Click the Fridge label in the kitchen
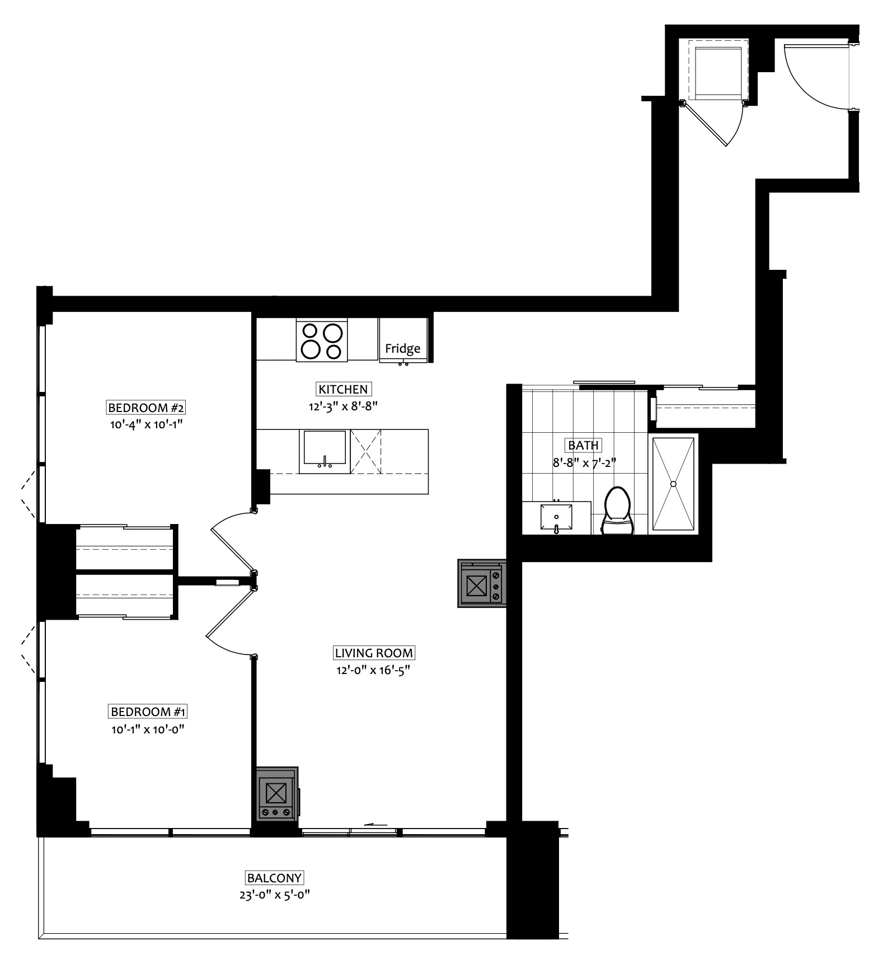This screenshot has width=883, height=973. (402, 348)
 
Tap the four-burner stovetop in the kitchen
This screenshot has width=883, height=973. (322, 341)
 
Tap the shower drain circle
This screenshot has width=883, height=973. (674, 483)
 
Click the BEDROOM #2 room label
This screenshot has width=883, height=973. (146, 407)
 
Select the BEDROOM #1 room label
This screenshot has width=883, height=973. (148, 712)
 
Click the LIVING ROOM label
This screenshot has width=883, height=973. (374, 653)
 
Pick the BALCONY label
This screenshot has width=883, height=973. (275, 878)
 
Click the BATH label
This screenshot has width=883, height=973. (584, 446)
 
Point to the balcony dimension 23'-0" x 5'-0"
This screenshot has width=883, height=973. (274, 895)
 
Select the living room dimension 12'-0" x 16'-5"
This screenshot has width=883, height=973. (374, 670)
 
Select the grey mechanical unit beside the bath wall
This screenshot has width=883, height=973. (482, 583)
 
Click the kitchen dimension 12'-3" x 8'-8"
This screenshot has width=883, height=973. (344, 406)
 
